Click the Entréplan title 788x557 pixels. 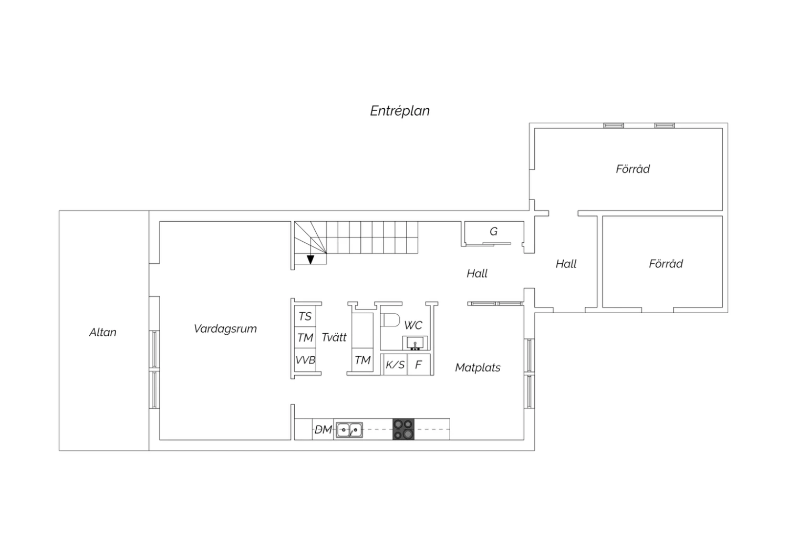pyautogui.click(x=400, y=111)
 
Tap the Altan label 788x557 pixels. pyautogui.click(x=103, y=332)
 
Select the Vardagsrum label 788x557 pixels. pyautogui.click(x=225, y=329)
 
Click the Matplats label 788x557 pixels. pyautogui.click(x=478, y=368)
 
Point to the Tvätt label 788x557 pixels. pyautogui.click(x=334, y=337)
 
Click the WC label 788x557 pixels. pyautogui.click(x=413, y=325)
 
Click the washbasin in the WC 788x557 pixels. pyautogui.click(x=415, y=343)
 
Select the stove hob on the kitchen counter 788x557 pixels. pyautogui.click(x=403, y=429)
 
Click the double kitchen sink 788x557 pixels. pyautogui.click(x=349, y=430)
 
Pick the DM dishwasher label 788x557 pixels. pyautogui.click(x=323, y=430)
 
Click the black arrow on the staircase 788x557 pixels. pyautogui.click(x=310, y=260)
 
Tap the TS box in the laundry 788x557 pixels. pyautogui.click(x=305, y=317)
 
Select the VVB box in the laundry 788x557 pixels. pyautogui.click(x=305, y=360)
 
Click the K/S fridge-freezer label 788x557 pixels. pyautogui.click(x=395, y=365)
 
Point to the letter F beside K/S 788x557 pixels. pyautogui.click(x=418, y=365)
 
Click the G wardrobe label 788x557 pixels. pyautogui.click(x=494, y=232)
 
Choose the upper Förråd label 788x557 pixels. pyautogui.click(x=633, y=169)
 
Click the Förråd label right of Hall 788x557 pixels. pyautogui.click(x=666, y=264)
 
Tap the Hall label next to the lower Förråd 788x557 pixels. pyautogui.click(x=566, y=264)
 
